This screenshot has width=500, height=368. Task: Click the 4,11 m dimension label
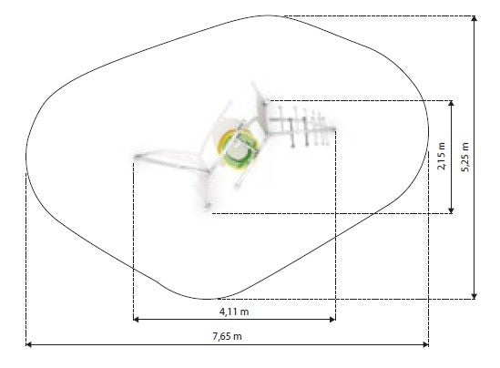[x=234, y=312]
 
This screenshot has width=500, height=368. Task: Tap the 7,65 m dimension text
[x=227, y=336]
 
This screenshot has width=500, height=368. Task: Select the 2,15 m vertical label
[x=442, y=156]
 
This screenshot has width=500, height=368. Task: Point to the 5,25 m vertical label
[x=465, y=157]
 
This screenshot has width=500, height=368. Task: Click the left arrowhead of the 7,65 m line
[x=29, y=344]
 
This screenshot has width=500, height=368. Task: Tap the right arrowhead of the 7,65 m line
[x=425, y=344]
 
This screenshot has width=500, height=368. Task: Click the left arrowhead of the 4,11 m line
[x=137, y=319]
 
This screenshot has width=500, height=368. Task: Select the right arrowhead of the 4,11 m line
[x=332, y=319]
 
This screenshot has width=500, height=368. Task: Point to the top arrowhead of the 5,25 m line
[x=474, y=18]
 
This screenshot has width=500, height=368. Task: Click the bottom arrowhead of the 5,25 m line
[x=474, y=296]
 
